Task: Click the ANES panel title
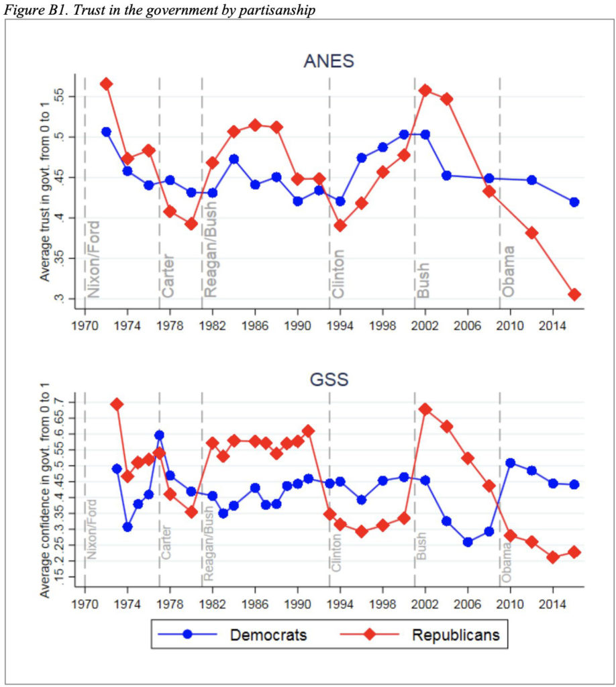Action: click(329, 62)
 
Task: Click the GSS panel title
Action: click(329, 380)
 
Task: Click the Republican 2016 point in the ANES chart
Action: click(574, 295)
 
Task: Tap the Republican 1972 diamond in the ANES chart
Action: click(106, 84)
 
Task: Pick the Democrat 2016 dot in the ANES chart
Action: click(574, 202)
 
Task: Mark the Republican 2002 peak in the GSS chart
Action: click(425, 409)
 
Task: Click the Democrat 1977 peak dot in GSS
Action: click(159, 435)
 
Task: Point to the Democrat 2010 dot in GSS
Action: click(510, 463)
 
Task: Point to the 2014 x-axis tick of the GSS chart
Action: click(553, 601)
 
